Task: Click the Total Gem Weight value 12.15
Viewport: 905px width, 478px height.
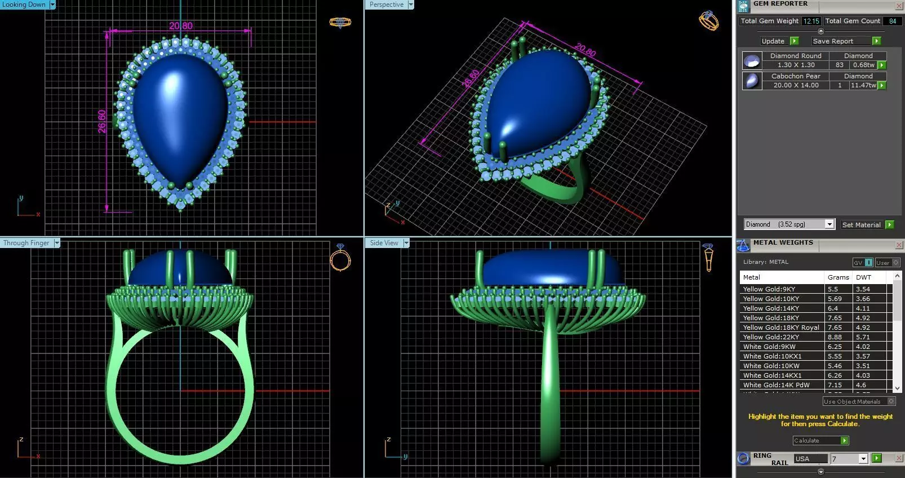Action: pyautogui.click(x=811, y=21)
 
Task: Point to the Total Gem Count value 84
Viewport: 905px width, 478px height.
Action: pyautogui.click(x=892, y=21)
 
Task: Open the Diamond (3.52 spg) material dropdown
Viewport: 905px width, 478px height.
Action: pyautogui.click(x=829, y=224)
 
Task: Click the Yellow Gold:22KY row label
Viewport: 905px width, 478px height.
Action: pyautogui.click(x=770, y=337)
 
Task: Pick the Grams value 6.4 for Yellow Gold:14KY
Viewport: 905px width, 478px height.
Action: pyautogui.click(x=832, y=308)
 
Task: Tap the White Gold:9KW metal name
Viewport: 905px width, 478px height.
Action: pyautogui.click(x=769, y=347)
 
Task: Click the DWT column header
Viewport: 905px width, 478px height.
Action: pyautogui.click(x=863, y=277)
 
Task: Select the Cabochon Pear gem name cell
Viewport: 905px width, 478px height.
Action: pyautogui.click(x=796, y=76)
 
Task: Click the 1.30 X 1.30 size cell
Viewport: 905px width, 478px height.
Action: pyautogui.click(x=796, y=65)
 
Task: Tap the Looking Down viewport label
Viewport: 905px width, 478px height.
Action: pyautogui.click(x=24, y=5)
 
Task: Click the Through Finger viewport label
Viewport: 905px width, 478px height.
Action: pyautogui.click(x=26, y=243)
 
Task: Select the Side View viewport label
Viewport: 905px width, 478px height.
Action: pyautogui.click(x=384, y=243)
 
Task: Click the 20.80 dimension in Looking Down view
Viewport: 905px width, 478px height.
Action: pyautogui.click(x=180, y=26)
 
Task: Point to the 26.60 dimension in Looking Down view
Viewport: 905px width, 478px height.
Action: pyautogui.click(x=102, y=121)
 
